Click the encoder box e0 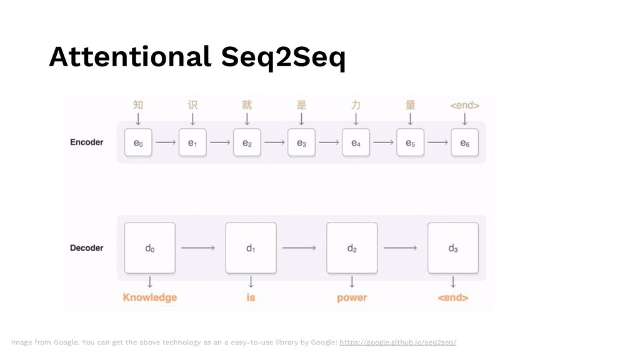[x=138, y=142]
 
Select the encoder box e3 [x=301, y=142]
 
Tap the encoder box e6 [x=464, y=142]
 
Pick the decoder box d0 [x=150, y=247]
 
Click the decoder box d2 [x=352, y=247]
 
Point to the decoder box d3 [x=453, y=247]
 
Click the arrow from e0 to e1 [x=165, y=142]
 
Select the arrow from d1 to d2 [x=301, y=247]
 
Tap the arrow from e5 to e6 [x=437, y=142]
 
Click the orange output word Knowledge [x=150, y=297]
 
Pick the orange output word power [x=352, y=297]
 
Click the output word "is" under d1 [x=251, y=297]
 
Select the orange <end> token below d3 [x=453, y=297]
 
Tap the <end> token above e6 [x=464, y=105]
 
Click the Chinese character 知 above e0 [x=138, y=104]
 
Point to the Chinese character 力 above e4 [x=356, y=104]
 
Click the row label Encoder [x=86, y=142]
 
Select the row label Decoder [x=86, y=248]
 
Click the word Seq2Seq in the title [x=283, y=58]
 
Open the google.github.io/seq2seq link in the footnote [x=397, y=342]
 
